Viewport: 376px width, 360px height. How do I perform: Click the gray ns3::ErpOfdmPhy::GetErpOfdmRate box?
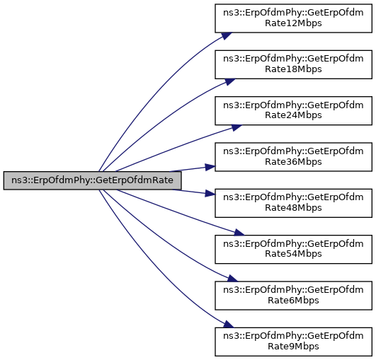92,180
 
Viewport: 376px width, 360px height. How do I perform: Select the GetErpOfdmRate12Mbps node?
294,18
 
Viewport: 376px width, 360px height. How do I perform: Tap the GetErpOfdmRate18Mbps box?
294,64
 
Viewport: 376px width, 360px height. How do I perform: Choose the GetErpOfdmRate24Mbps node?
294,110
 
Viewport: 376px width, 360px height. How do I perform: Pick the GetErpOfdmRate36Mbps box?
294,157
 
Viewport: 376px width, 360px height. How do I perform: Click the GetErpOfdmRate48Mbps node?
294,203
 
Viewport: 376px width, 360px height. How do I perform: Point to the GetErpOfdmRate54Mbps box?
294,250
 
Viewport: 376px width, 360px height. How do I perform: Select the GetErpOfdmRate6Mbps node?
294,296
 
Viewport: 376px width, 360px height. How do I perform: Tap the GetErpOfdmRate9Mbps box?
294,342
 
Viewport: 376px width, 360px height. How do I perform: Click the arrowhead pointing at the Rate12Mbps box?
227,35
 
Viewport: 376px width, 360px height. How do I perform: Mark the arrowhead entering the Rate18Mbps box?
229,81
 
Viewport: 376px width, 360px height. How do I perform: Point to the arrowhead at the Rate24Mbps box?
237,127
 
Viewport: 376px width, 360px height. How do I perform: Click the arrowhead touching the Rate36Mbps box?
210,167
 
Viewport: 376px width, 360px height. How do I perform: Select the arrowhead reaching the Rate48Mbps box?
210,194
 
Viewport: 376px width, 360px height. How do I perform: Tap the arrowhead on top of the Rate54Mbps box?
239,233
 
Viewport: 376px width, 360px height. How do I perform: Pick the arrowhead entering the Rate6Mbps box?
232,279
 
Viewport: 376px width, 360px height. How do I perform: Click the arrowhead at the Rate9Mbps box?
228,325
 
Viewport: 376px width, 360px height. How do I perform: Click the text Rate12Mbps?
293,23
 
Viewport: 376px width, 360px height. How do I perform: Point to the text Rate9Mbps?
293,347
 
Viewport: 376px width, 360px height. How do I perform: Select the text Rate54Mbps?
293,254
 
